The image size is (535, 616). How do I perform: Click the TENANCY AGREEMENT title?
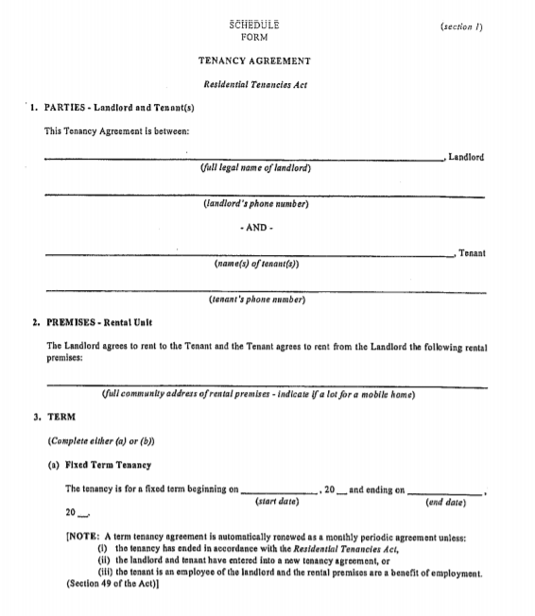pyautogui.click(x=254, y=61)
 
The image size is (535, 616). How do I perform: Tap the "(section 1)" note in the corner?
pyautogui.click(x=462, y=26)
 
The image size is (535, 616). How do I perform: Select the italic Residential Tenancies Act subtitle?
pyautogui.click(x=254, y=84)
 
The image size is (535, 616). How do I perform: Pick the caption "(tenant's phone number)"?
pyautogui.click(x=256, y=301)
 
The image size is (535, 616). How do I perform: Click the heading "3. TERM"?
pyautogui.click(x=60, y=417)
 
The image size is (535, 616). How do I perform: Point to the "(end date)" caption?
pyautogui.click(x=447, y=504)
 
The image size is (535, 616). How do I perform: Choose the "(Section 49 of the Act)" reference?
pyautogui.click(x=111, y=584)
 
